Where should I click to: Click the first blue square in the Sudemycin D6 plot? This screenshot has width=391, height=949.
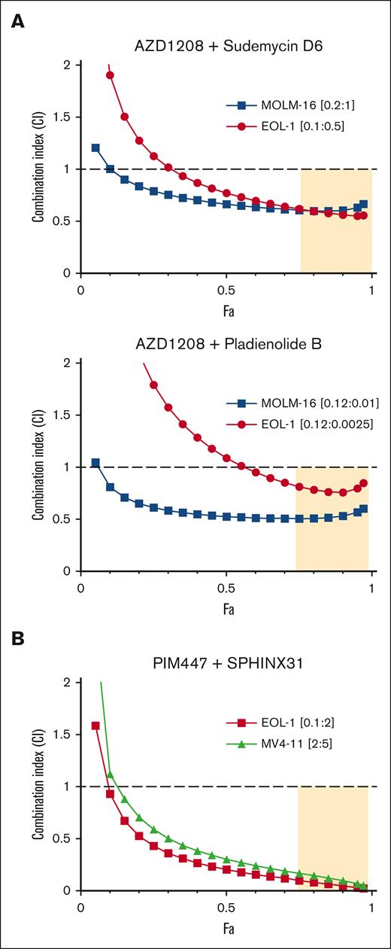[95, 148]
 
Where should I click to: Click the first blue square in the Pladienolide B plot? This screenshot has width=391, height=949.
[95, 463]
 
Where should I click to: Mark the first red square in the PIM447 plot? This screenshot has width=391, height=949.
[95, 725]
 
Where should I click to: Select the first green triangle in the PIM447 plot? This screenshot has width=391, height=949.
[111, 774]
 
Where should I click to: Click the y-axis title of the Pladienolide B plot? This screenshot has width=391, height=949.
[36, 467]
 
